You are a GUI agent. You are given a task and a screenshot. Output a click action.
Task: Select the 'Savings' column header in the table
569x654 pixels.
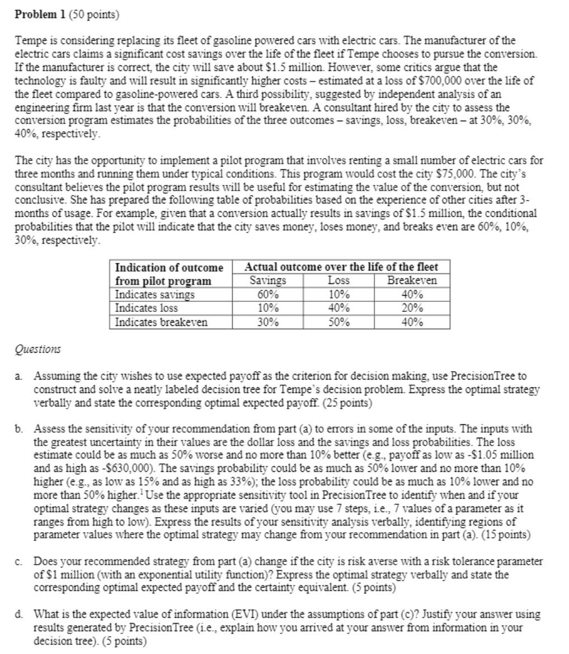pos(267,281)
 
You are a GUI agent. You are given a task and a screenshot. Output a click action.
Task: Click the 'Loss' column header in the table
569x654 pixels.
pos(338,281)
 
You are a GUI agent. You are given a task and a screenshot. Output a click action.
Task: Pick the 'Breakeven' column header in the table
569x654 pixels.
pos(412,281)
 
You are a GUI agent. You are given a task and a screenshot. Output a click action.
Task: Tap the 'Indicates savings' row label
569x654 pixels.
pos(154,294)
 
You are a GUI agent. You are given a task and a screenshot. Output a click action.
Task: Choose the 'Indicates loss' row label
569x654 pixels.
pos(146,308)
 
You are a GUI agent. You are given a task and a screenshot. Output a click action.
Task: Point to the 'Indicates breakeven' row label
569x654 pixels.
pos(161,322)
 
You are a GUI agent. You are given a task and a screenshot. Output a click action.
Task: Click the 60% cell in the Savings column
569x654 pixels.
pos(267,294)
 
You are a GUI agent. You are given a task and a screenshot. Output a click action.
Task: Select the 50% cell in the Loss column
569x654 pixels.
pos(338,322)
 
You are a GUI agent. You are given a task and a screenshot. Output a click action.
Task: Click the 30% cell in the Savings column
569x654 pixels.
pos(267,322)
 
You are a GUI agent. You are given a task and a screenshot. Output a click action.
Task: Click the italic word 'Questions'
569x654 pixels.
pos(37,349)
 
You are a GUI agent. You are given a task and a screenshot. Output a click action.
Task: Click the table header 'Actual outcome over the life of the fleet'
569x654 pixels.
pos(341,267)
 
